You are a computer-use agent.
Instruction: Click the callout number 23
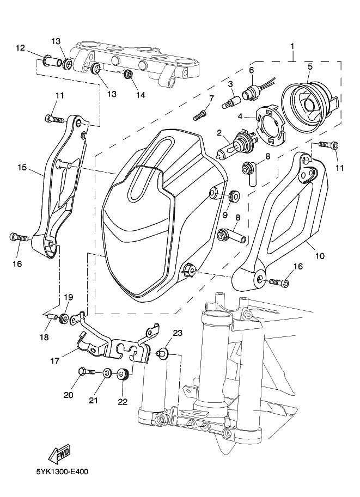click(177, 333)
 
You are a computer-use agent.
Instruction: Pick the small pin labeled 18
click(52, 316)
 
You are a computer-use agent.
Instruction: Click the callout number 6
click(251, 70)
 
